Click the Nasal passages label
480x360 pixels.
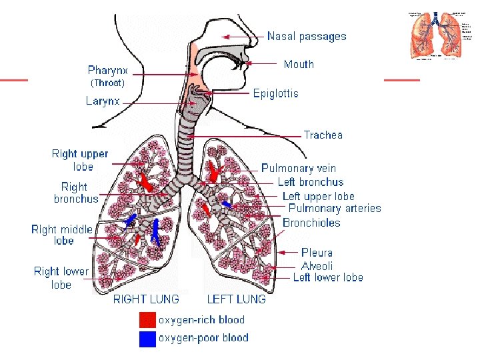click(x=307, y=36)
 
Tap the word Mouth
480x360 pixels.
click(x=299, y=64)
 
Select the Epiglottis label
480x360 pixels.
click(x=276, y=93)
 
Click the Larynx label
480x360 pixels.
click(x=103, y=101)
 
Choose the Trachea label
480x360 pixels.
click(x=323, y=135)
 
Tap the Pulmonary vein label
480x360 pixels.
click(x=299, y=169)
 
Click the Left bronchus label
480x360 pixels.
click(x=311, y=182)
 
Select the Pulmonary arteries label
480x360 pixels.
click(x=335, y=209)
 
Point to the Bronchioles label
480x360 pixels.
click(x=311, y=223)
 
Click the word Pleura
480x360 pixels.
click(x=317, y=253)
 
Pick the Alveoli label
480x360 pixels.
click(x=317, y=265)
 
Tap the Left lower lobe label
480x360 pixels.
click(x=328, y=277)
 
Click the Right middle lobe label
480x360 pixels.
click(x=62, y=235)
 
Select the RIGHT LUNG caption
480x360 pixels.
click(x=146, y=299)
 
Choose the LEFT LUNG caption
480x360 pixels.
click(x=236, y=299)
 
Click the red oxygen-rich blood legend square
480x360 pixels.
click(x=147, y=320)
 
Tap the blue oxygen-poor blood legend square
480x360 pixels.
click(x=147, y=339)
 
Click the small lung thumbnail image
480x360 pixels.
click(x=435, y=35)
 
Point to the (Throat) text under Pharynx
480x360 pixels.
click(x=107, y=83)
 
